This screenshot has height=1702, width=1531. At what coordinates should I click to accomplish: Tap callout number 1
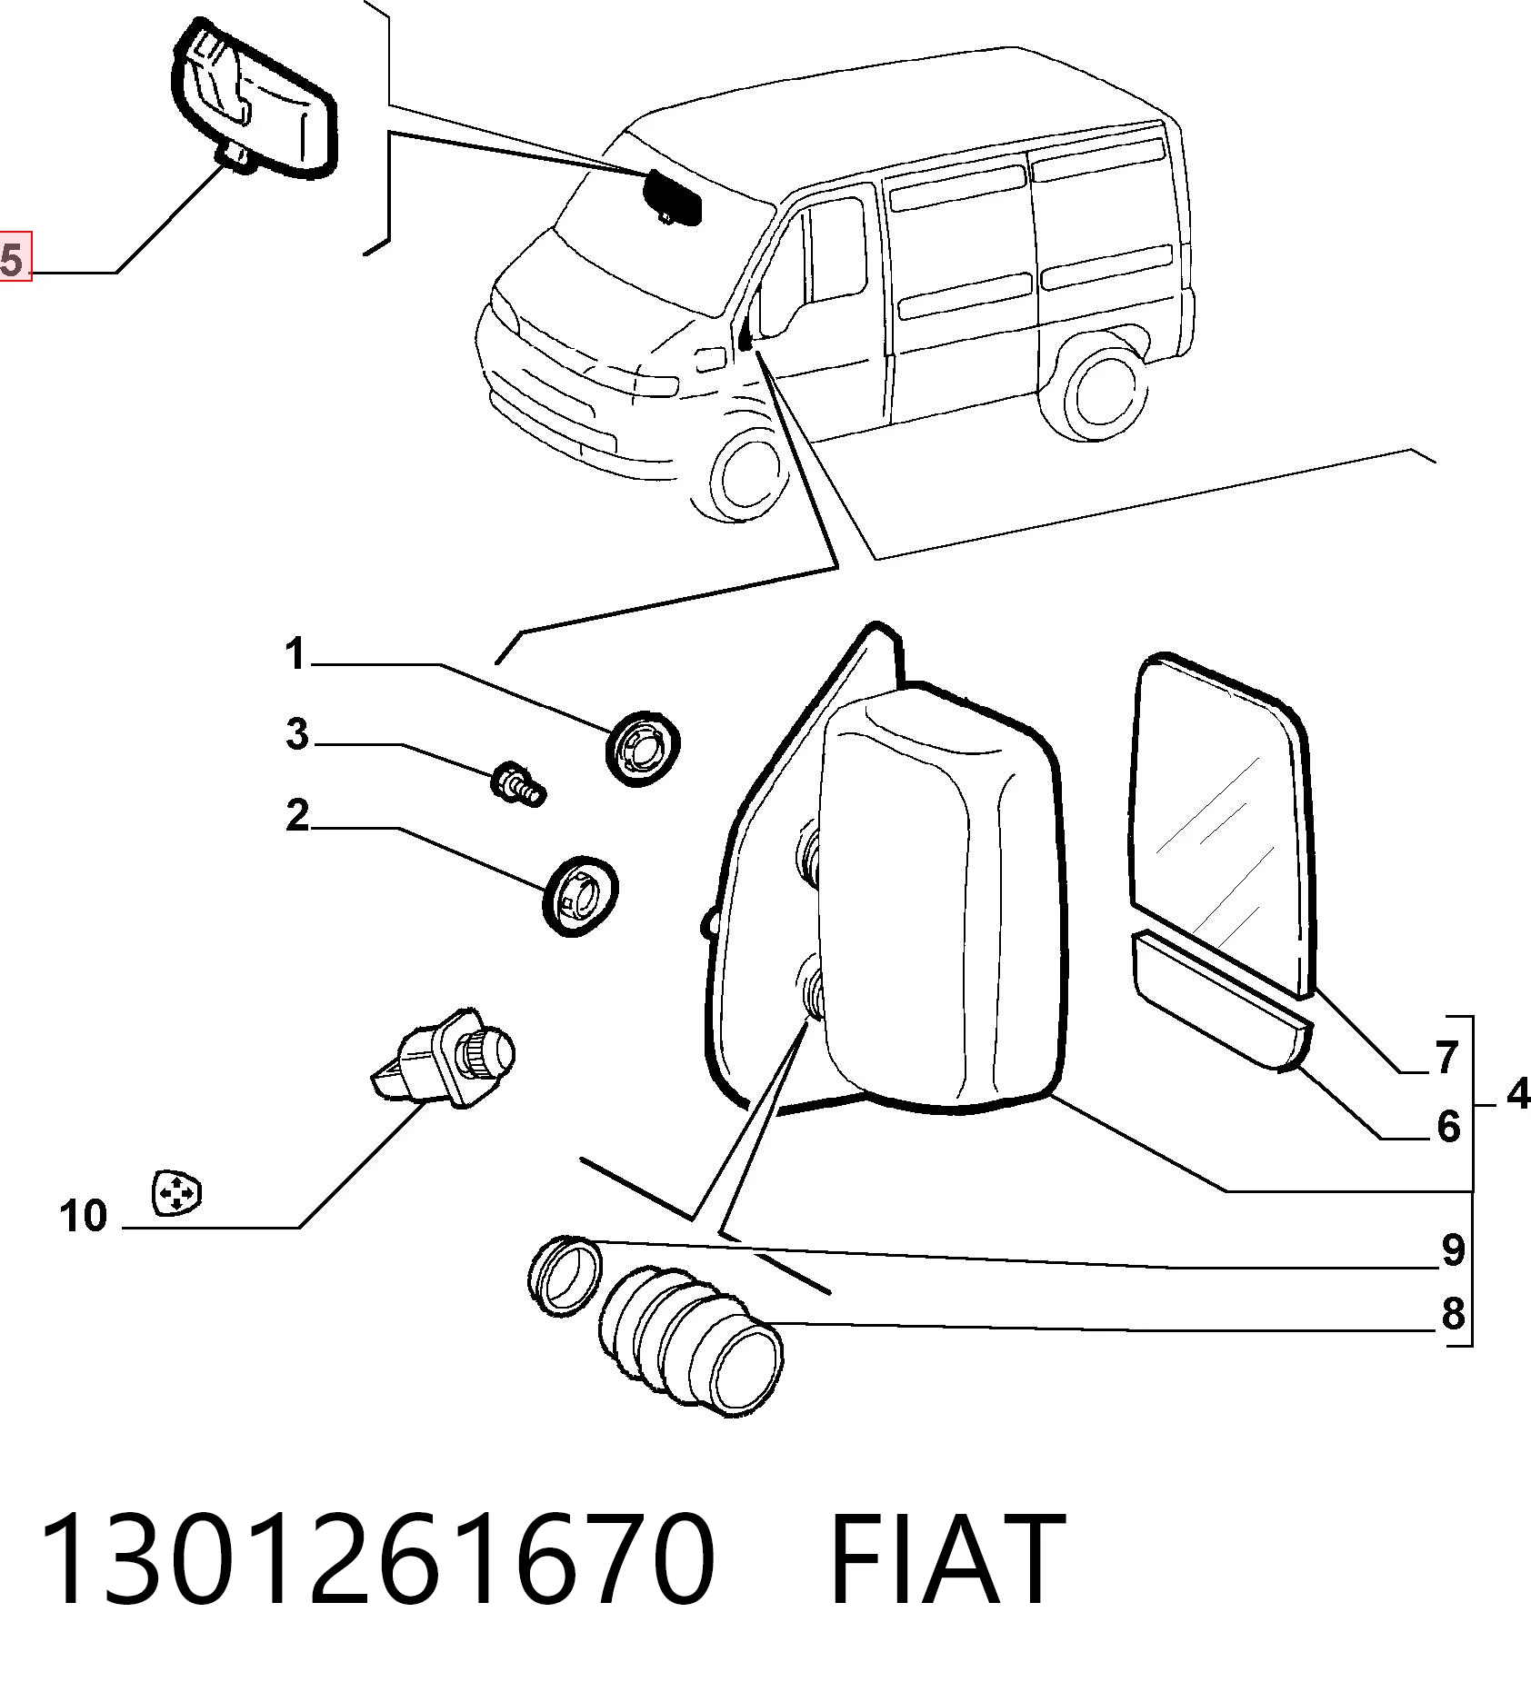(295, 654)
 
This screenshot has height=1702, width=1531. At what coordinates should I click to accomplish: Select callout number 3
(296, 733)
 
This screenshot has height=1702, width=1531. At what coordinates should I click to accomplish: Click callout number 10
(84, 1216)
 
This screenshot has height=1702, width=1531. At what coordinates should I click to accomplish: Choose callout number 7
(1447, 1058)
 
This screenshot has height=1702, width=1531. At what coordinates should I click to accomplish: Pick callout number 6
(1447, 1127)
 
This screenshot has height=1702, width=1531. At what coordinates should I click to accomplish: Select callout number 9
(1453, 1250)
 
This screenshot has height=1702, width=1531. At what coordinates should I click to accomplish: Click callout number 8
(1453, 1314)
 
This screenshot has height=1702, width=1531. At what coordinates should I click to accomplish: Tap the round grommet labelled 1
(644, 749)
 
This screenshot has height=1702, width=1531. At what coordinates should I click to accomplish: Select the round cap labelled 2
(579, 896)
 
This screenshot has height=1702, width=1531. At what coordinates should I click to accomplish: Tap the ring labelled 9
(565, 1274)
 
